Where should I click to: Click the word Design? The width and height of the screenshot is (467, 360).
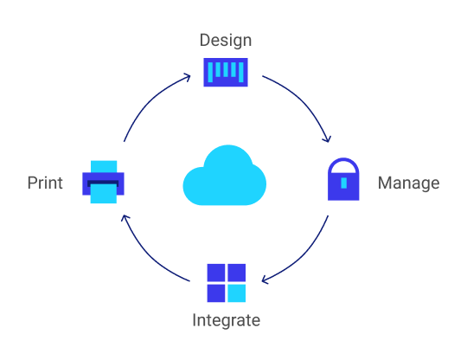point(225,40)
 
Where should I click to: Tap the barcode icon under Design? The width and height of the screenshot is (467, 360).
point(225,72)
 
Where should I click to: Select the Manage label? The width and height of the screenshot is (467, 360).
point(408,183)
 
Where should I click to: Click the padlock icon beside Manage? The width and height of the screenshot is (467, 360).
point(343,180)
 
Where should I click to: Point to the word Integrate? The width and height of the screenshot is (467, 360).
point(226,321)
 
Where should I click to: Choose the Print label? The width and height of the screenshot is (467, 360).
point(45,183)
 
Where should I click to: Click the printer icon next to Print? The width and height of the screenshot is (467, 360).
point(104,182)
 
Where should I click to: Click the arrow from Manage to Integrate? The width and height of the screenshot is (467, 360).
point(304,260)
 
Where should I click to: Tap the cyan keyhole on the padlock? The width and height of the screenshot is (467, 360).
point(343,183)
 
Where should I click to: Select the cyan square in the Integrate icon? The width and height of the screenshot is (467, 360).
point(236,294)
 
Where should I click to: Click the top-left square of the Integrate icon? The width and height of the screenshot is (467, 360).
point(216,273)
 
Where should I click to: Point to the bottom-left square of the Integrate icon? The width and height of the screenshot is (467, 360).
point(216,294)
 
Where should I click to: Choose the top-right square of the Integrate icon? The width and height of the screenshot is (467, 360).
point(236,273)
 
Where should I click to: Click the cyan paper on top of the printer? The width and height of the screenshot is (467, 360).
point(104,165)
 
